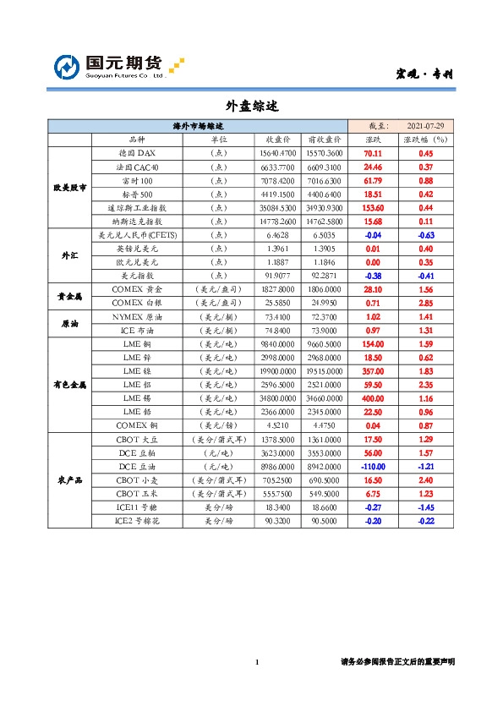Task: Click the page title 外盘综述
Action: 251,107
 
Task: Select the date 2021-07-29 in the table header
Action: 426,126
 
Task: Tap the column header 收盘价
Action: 279,140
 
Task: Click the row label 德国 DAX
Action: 136,154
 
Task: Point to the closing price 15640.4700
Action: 279,154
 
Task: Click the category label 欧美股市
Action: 68,187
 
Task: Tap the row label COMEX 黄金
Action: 136,289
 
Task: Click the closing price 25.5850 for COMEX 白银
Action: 279,303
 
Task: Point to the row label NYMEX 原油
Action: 136,316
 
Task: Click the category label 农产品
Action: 68,479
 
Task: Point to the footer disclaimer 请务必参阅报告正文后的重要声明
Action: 396,662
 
